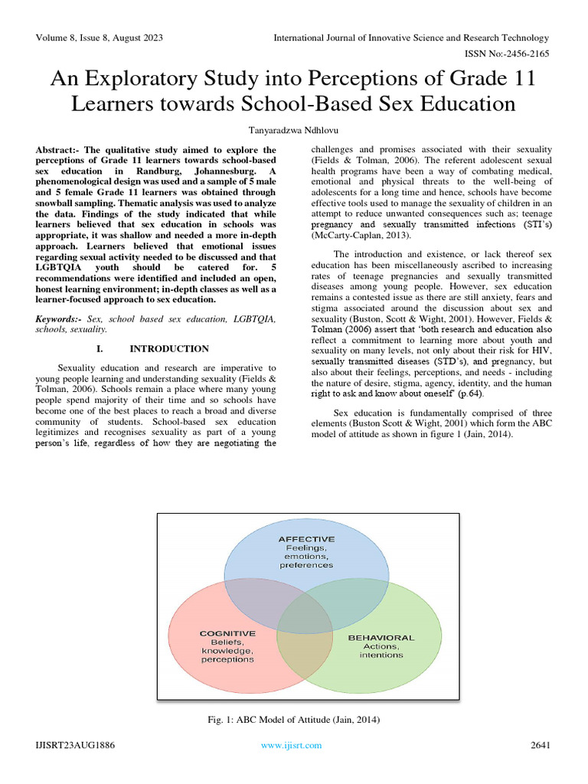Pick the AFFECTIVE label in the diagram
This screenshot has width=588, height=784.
[306, 539]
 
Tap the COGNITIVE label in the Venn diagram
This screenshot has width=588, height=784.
[227, 634]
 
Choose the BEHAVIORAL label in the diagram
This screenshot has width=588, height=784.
[381, 637]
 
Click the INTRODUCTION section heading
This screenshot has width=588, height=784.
[169, 348]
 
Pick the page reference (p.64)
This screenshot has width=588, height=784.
[470, 394]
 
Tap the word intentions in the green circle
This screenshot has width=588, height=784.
[381, 655]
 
